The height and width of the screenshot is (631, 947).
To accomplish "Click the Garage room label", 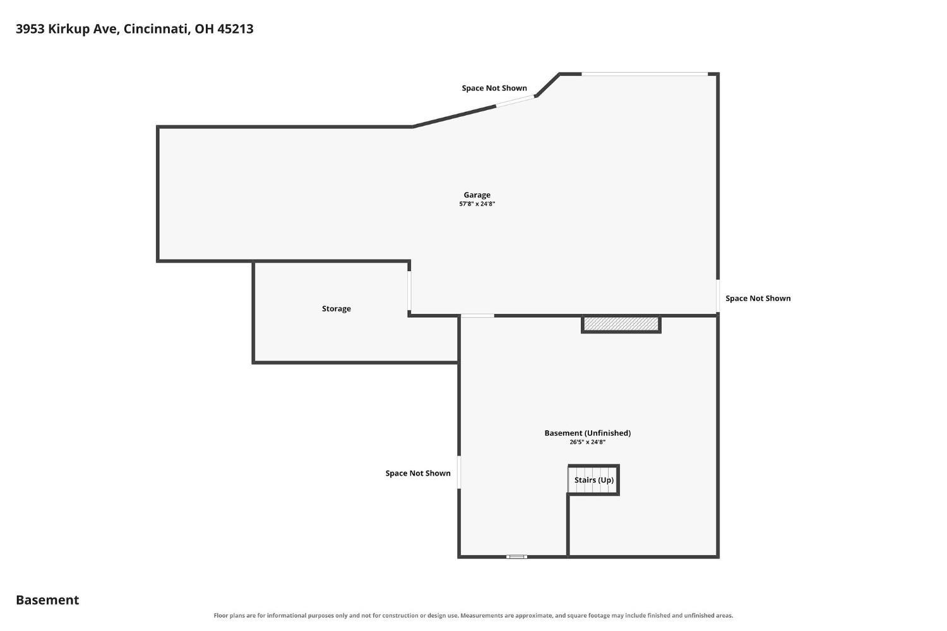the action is click(477, 195).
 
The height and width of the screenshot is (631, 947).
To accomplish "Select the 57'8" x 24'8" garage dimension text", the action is click(477, 204).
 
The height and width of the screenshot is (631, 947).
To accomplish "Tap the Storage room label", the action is click(336, 309).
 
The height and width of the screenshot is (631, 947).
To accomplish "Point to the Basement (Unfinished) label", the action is click(587, 433).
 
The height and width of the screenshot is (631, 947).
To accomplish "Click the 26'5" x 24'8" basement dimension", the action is click(587, 442).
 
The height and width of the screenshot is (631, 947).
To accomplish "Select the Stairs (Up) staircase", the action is click(593, 479).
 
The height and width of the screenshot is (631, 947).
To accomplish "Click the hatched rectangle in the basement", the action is click(621, 325).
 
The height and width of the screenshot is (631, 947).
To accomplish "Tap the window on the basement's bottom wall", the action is click(516, 556).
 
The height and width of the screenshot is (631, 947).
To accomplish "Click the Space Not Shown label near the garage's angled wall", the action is click(494, 88).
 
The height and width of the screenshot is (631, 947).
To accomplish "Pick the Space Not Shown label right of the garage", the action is click(758, 298).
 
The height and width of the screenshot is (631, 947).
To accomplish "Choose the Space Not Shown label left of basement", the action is click(418, 473).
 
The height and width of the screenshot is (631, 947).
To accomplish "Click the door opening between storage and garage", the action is click(409, 291).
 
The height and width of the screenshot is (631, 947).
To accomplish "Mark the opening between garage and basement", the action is click(477, 316).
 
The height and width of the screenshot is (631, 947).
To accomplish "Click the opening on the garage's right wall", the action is click(718, 296).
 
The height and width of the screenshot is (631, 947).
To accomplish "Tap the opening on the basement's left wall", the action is click(459, 472).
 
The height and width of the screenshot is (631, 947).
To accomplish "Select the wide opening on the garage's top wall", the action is click(645, 74).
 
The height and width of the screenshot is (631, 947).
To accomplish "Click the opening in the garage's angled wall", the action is click(515, 101).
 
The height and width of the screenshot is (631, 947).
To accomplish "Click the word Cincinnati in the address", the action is click(157, 29).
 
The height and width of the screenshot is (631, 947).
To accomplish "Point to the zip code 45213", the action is click(235, 29).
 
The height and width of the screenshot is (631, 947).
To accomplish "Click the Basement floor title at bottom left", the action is click(47, 600).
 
